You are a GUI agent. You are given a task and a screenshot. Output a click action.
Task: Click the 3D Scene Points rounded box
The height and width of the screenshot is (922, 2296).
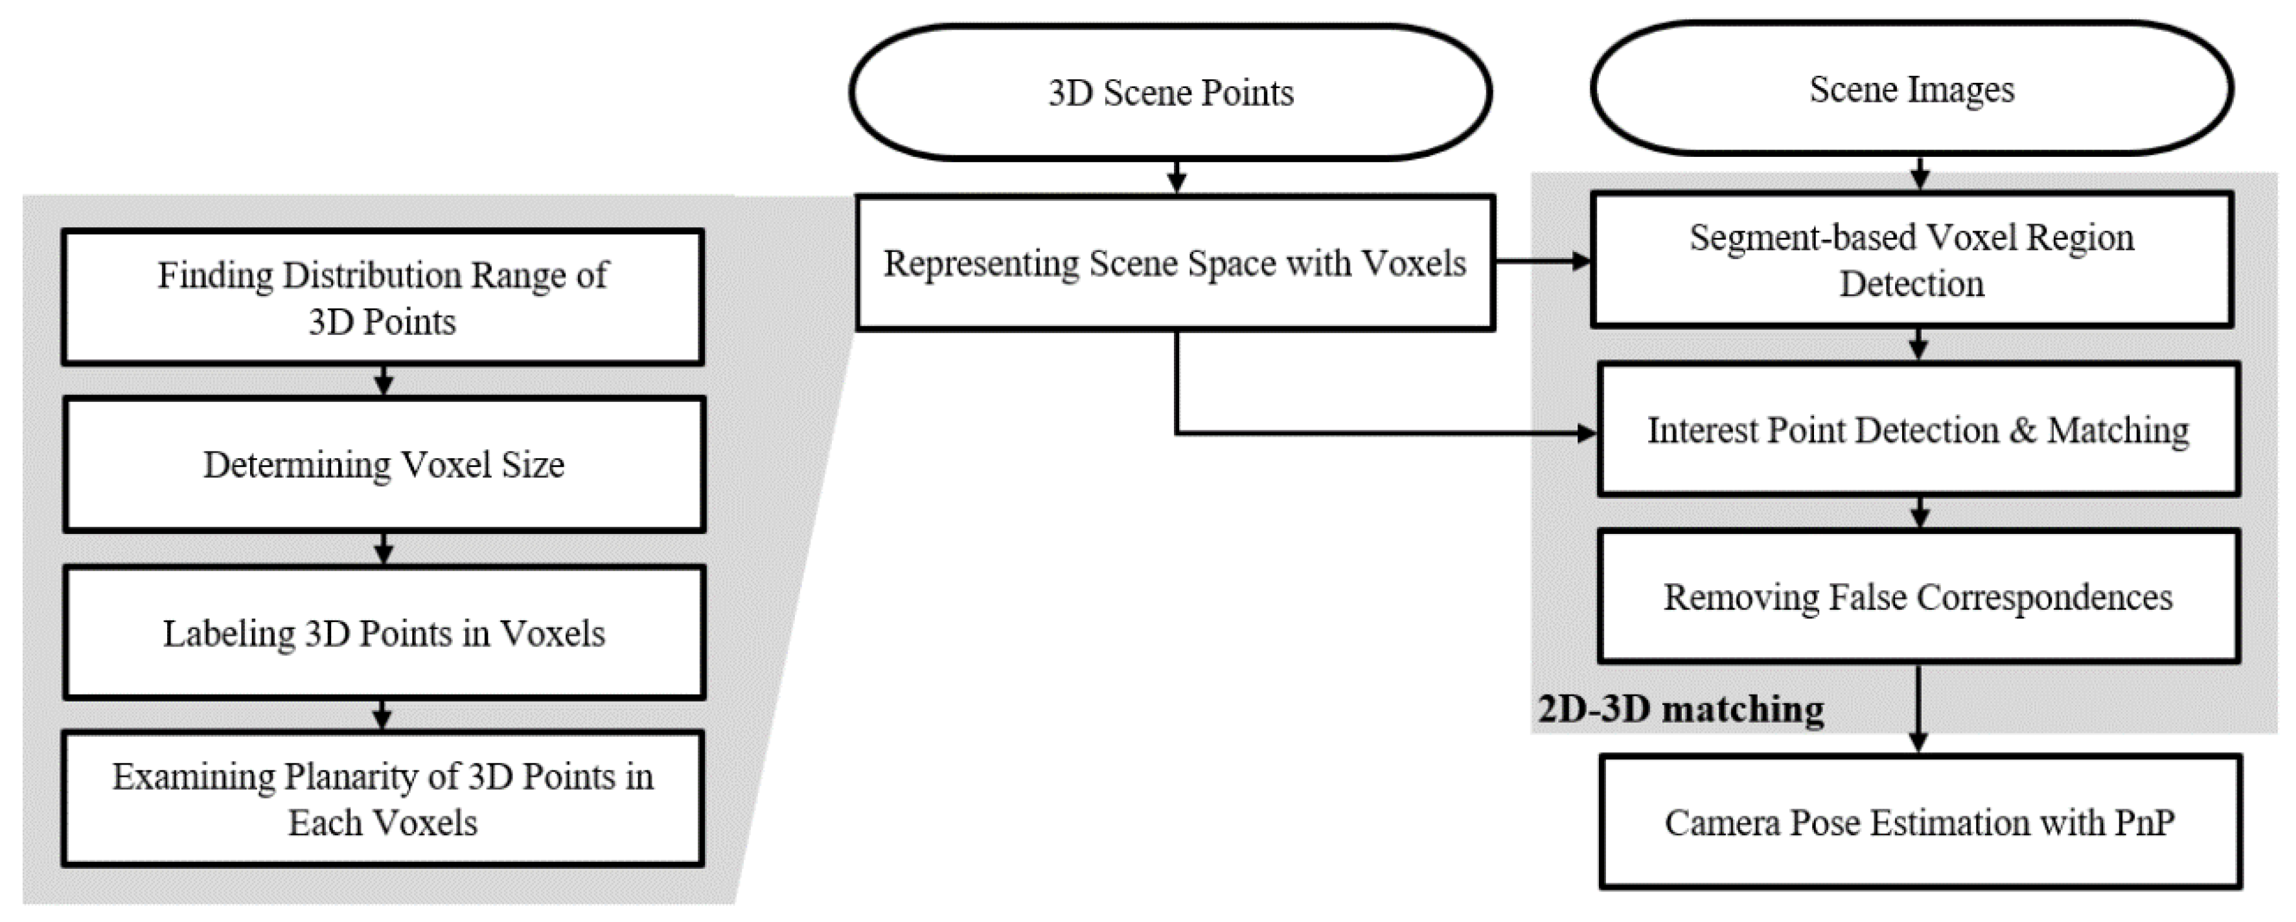click(x=1170, y=93)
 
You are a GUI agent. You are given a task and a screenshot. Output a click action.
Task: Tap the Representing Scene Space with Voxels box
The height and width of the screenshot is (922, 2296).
click(x=1175, y=263)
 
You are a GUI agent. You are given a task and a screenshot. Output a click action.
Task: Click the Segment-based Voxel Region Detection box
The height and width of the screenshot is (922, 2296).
click(x=1912, y=259)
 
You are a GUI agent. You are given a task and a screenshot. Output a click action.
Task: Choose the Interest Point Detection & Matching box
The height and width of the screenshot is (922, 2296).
click(x=1918, y=429)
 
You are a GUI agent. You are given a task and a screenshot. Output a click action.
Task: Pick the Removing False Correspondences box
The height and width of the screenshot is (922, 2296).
click(x=1918, y=597)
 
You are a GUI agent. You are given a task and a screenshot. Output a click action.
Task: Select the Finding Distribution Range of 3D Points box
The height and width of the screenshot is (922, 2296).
click(x=382, y=297)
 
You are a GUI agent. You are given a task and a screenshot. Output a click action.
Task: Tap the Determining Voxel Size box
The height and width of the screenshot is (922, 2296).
click(x=384, y=465)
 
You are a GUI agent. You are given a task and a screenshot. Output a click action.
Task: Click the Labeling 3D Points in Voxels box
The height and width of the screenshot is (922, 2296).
click(x=384, y=632)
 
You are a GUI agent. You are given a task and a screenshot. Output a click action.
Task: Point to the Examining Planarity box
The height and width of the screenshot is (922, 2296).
click(x=382, y=799)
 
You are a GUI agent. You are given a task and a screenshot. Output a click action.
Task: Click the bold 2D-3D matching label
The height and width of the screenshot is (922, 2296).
click(x=1681, y=709)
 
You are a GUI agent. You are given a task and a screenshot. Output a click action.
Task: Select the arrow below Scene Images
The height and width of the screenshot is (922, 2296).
click(x=1920, y=173)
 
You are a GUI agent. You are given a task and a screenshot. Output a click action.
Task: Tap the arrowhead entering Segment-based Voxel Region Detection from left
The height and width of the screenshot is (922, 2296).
click(x=1582, y=261)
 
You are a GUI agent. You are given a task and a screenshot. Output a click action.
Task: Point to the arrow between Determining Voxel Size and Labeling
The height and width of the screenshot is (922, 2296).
click(x=384, y=548)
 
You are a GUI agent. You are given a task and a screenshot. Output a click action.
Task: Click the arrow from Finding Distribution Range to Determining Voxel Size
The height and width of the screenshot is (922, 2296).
click(x=384, y=381)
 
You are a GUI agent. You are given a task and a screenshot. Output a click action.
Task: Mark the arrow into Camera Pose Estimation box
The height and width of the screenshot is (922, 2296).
click(x=1918, y=709)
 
